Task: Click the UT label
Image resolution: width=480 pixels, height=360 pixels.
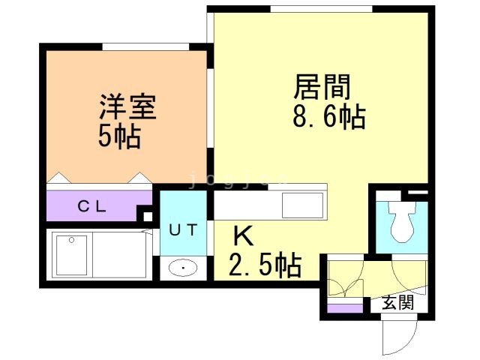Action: pos(183,230)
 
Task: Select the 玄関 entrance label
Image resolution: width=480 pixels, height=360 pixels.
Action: pos(397,303)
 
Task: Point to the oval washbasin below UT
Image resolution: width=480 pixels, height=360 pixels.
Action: pos(182,267)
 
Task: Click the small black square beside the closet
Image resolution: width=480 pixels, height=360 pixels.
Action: pos(148,216)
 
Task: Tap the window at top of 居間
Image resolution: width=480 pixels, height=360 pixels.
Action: pos(321,8)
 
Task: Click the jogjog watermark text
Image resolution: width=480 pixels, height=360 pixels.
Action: pos(237,179)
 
